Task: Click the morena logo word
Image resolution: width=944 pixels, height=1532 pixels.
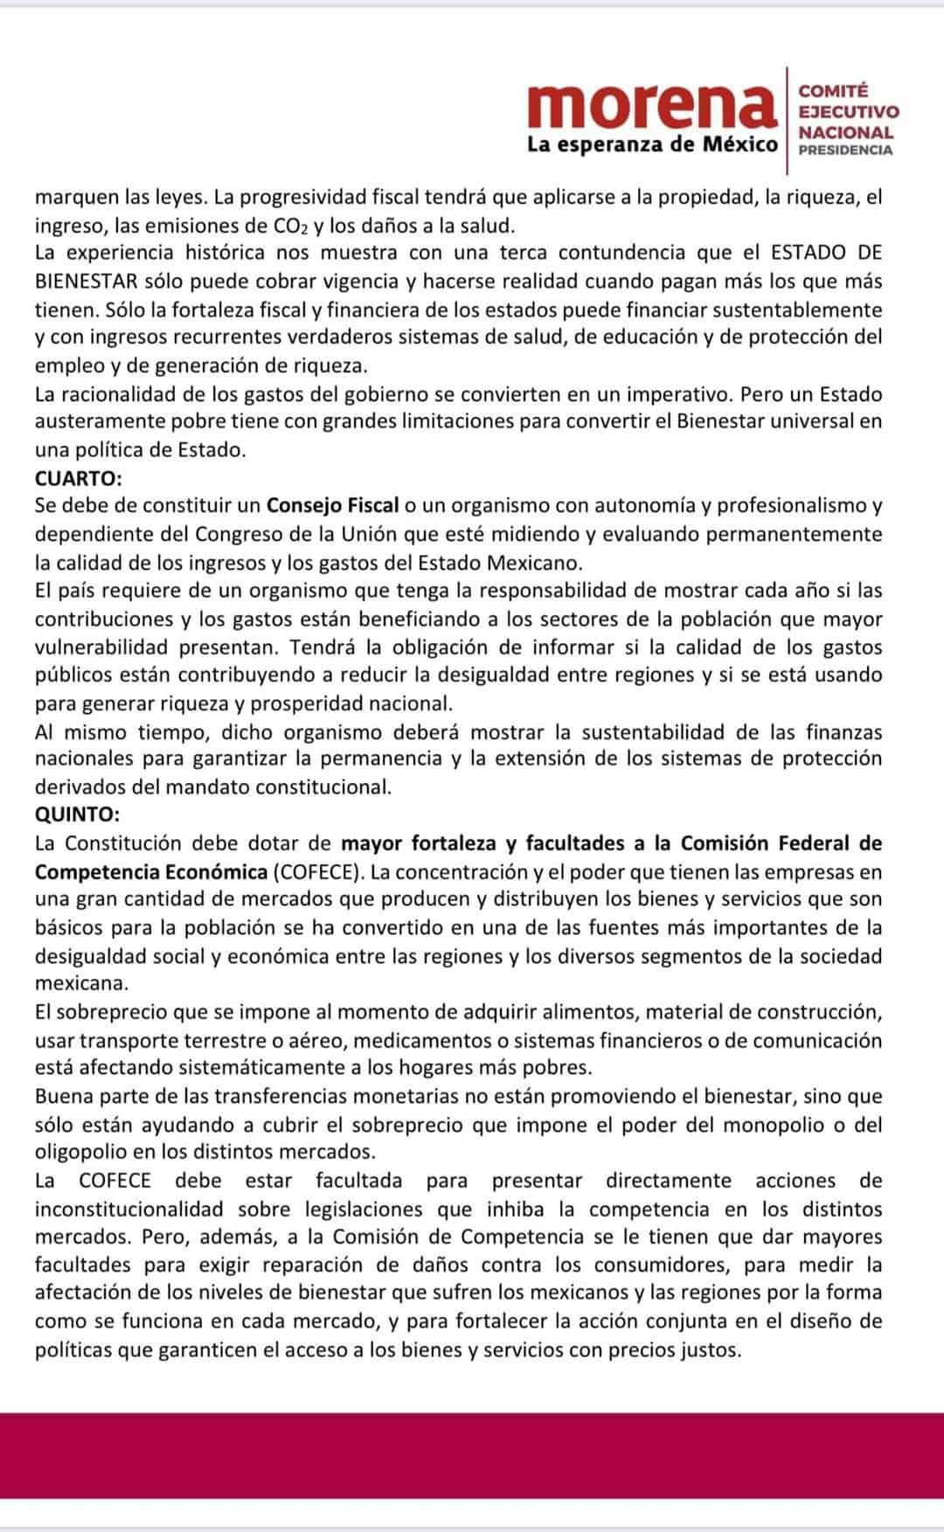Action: pyautogui.click(x=651, y=105)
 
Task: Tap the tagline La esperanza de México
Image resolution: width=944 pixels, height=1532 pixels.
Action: pyautogui.click(x=652, y=144)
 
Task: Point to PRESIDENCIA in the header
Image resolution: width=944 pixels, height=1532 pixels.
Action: pyautogui.click(x=846, y=149)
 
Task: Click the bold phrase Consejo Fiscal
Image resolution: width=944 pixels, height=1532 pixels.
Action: pyautogui.click(x=333, y=505)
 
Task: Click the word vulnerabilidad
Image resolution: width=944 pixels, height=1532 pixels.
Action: pyautogui.click(x=101, y=648)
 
